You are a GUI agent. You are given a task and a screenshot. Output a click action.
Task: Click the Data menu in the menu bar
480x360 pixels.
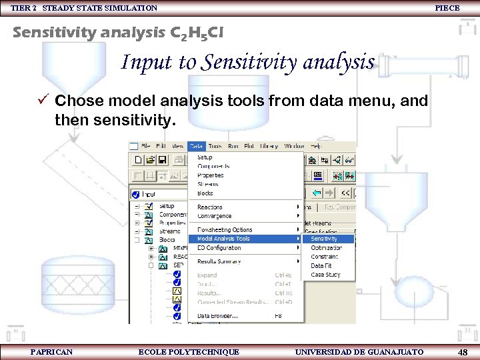click(196, 146)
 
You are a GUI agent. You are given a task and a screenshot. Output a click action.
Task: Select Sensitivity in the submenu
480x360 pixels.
click(324, 239)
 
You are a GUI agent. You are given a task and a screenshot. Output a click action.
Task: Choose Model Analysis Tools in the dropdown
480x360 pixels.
click(224, 239)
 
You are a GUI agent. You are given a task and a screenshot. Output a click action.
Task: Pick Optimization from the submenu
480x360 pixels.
click(327, 248)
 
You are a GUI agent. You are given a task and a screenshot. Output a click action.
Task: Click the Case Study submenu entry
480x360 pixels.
click(325, 275)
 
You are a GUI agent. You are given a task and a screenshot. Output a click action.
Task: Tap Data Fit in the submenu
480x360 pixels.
click(321, 266)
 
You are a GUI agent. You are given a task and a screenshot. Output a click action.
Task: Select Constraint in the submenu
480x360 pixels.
click(325, 257)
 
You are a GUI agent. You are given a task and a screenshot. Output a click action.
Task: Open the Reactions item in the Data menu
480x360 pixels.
click(210, 207)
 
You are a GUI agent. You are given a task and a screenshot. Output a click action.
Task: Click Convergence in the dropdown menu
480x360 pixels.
click(215, 216)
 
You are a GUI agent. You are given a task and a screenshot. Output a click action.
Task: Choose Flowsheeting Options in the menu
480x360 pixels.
click(225, 230)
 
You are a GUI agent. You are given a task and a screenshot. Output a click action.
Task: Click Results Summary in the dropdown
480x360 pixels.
click(219, 261)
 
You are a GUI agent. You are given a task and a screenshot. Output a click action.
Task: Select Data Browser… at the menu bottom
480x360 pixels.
click(217, 316)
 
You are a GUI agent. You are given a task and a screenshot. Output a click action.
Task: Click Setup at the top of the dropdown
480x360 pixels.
click(205, 157)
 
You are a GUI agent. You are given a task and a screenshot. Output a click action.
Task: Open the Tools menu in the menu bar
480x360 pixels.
click(215, 146)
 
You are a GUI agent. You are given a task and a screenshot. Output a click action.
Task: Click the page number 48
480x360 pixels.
click(462, 352)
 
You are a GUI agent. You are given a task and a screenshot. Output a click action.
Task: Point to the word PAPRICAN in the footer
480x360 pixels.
click(51, 352)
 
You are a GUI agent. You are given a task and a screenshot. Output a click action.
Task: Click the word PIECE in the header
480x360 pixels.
click(447, 8)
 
